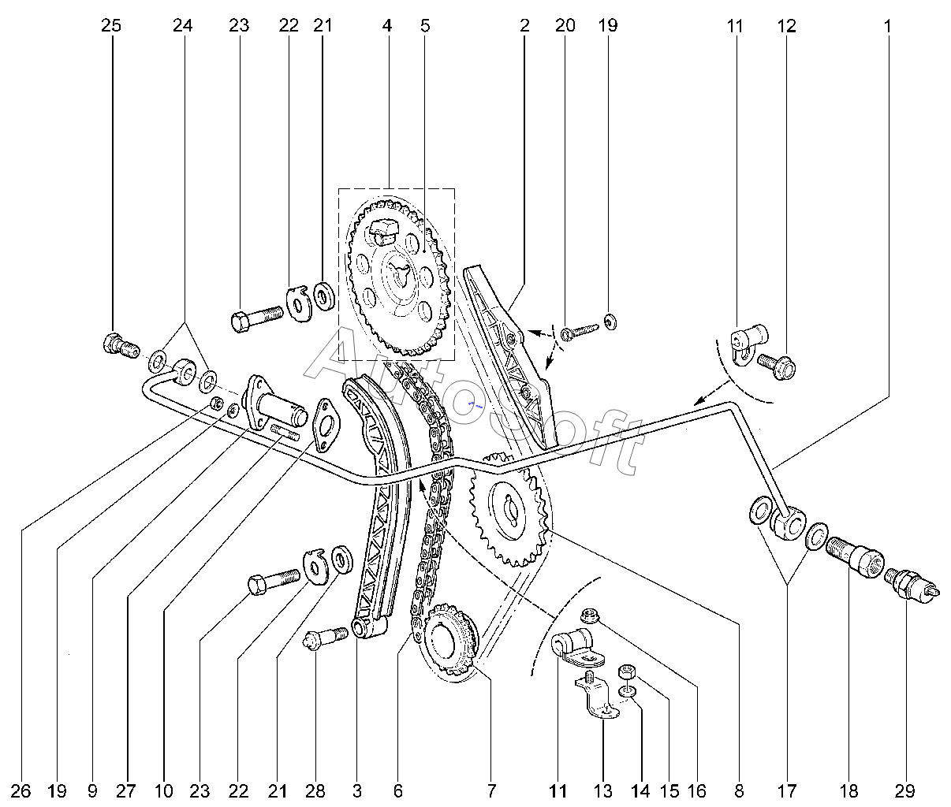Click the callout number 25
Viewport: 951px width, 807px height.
pos(111,26)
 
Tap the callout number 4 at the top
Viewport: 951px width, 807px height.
pos(387,26)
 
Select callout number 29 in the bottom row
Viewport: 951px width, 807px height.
pos(904,791)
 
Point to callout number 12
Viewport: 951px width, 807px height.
pos(786,26)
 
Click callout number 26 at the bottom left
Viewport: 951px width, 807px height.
pos(21,791)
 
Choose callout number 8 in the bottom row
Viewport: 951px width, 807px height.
pos(739,791)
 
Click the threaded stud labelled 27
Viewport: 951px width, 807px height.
pos(285,433)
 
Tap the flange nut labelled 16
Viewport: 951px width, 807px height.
pos(589,615)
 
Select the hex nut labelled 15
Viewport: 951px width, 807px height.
pos(626,671)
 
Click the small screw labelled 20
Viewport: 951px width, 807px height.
pos(580,333)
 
